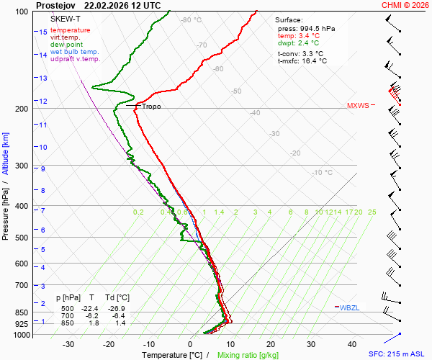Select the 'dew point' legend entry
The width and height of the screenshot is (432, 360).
pyautogui.click(x=67, y=45)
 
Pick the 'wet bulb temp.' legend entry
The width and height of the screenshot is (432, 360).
pyautogui.click(x=74, y=52)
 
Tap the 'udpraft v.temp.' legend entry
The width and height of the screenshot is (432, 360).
pyautogui.click(x=76, y=59)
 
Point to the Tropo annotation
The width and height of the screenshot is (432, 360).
pyautogui.click(x=151, y=107)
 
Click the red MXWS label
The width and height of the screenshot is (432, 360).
pyautogui.click(x=358, y=105)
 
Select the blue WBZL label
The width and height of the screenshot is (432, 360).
pyautogui.click(x=349, y=308)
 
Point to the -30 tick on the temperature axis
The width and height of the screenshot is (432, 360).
pyautogui.click(x=68, y=344)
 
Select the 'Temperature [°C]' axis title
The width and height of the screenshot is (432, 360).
pyautogui.click(x=172, y=355)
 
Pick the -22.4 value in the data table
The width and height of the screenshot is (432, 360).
pyautogui.click(x=91, y=308)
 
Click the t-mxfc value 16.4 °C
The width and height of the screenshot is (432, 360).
pyautogui.click(x=312, y=61)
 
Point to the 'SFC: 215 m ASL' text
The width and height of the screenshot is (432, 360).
pyautogui.click(x=398, y=354)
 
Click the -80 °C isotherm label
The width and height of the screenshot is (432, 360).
pyautogui.click(x=192, y=20)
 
